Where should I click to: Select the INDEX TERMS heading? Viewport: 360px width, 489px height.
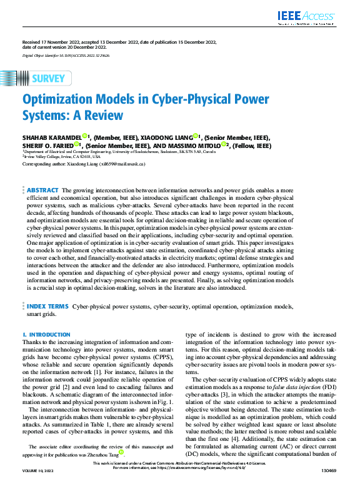coord(47,307)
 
